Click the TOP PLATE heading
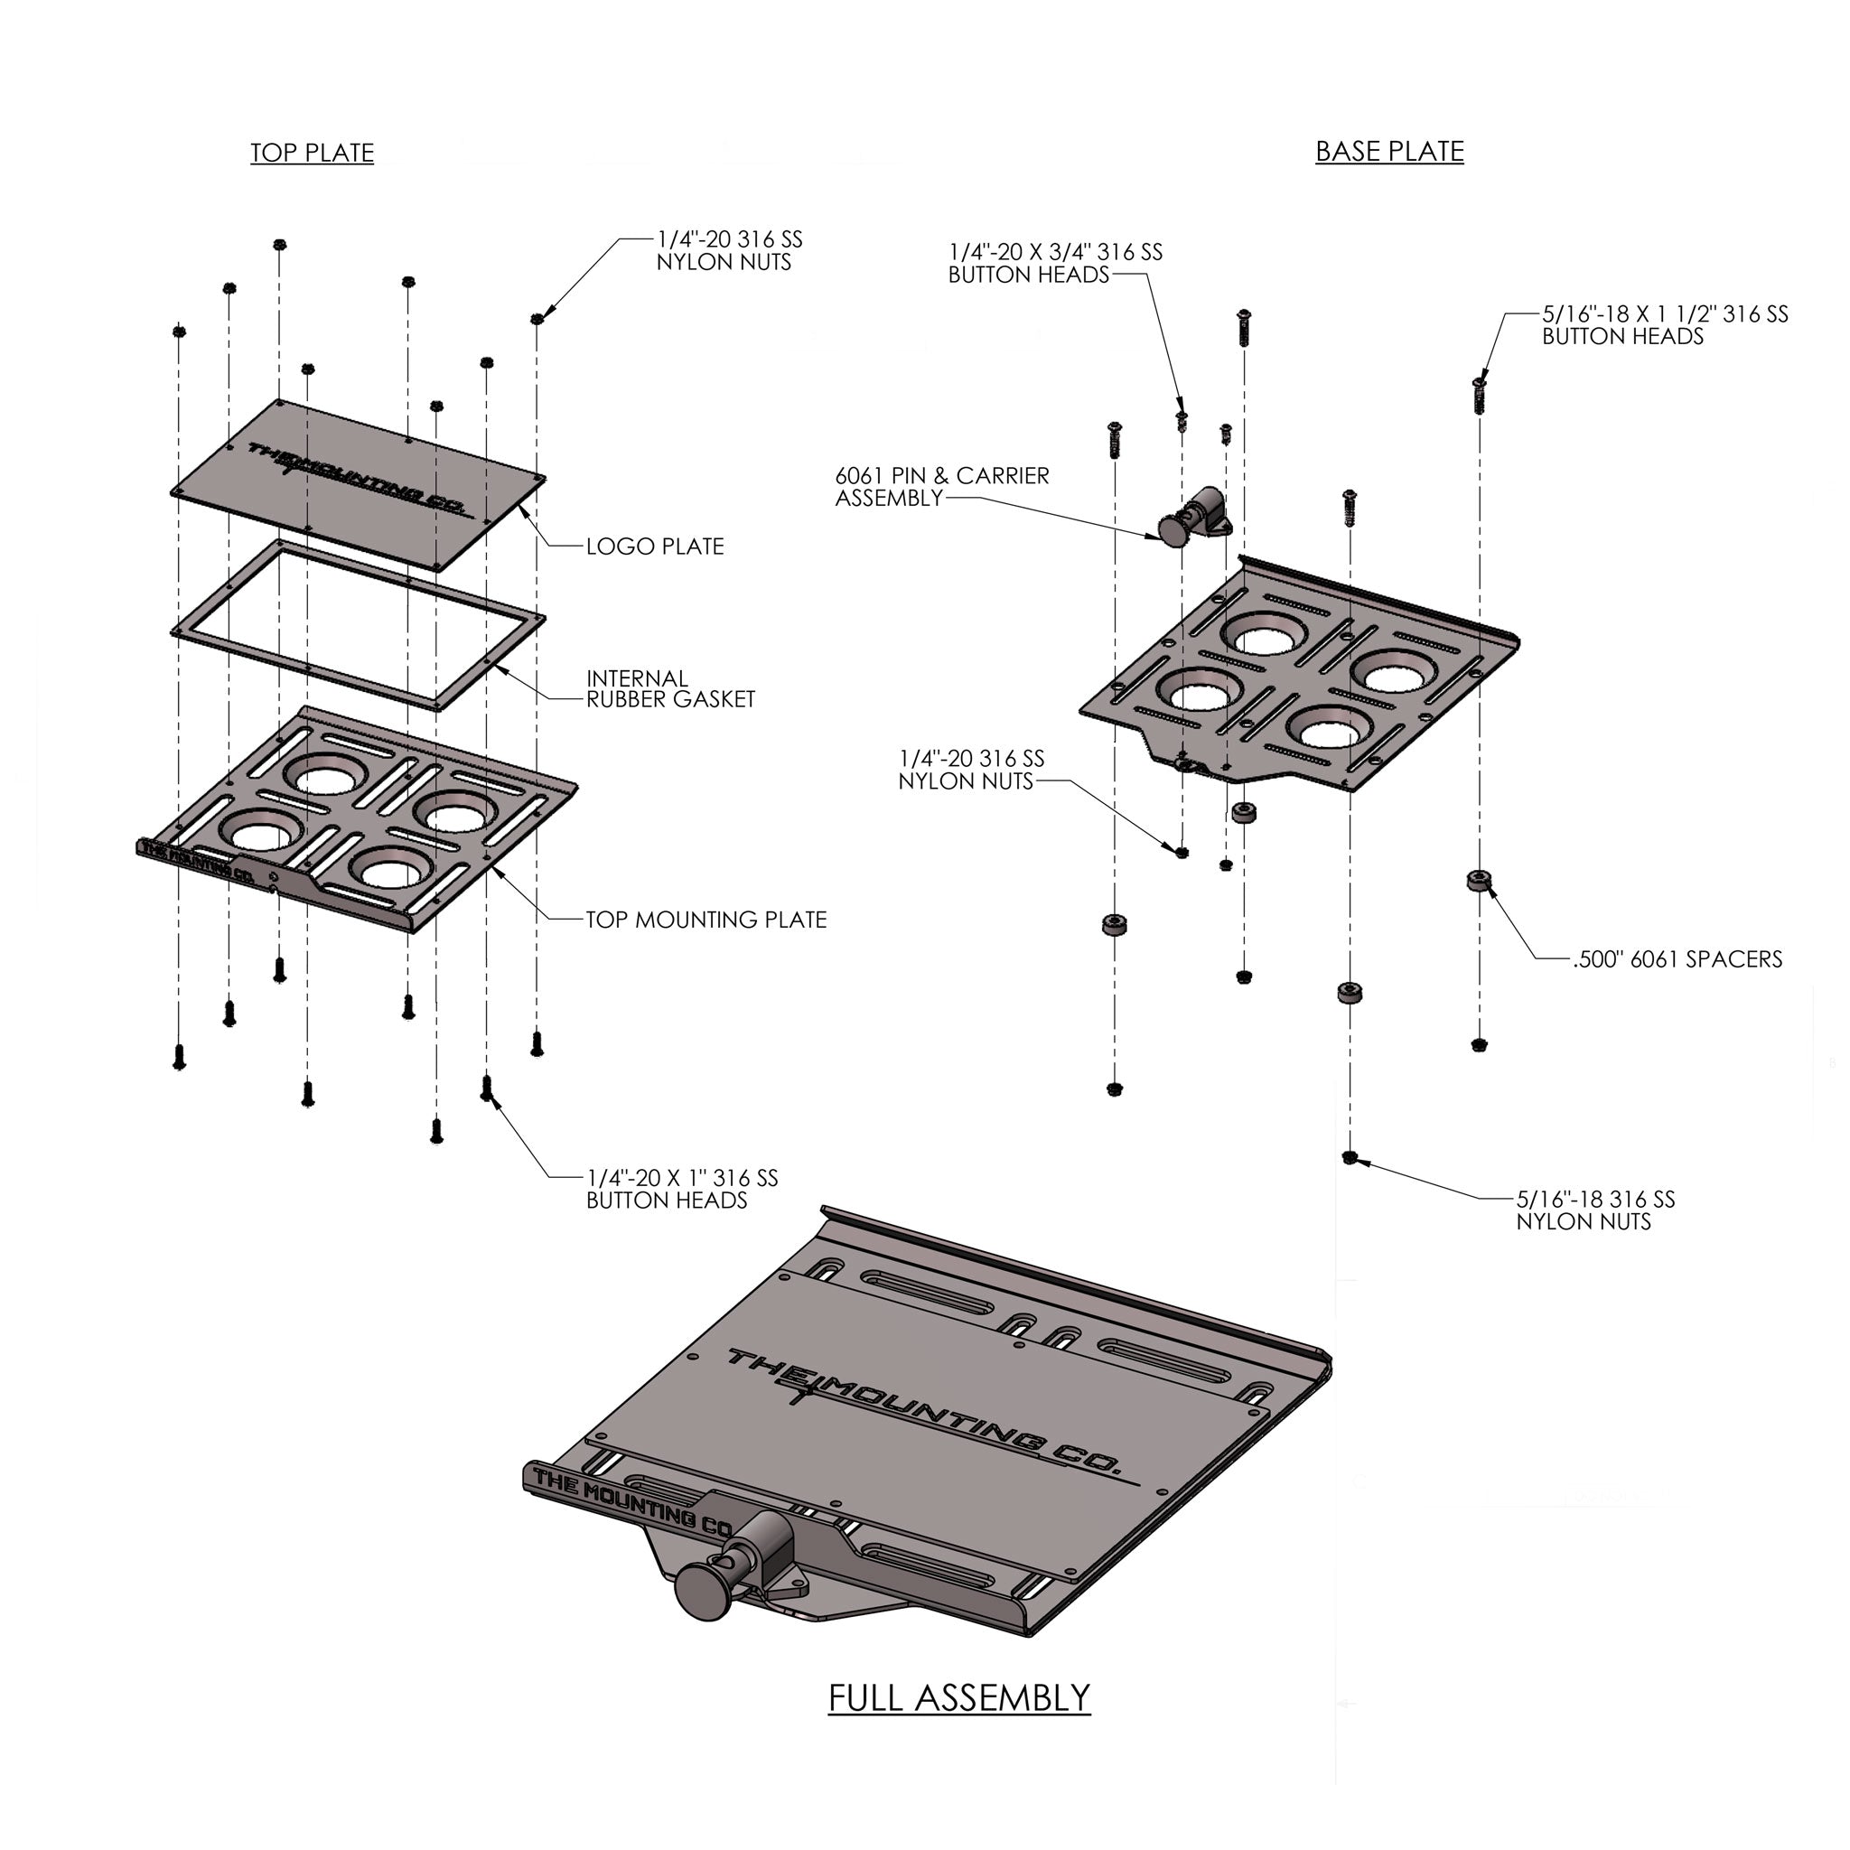313,154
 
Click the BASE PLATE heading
1388,151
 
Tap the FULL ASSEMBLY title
958,1697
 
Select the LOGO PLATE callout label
655,547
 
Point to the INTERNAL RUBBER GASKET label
670,689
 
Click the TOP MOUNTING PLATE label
705,920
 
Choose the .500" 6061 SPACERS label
1677,959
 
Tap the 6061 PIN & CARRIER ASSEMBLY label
942,487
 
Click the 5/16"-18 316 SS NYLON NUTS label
1595,1210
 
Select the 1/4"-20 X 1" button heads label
682,1190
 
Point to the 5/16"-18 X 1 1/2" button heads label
1664,325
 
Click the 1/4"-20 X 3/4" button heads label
1055,264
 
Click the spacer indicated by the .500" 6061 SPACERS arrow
1480,879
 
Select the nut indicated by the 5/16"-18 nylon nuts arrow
1350,1158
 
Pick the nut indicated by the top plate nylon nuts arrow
537,319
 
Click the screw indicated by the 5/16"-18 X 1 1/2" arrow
1480,394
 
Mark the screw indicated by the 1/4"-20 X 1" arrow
487,1087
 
